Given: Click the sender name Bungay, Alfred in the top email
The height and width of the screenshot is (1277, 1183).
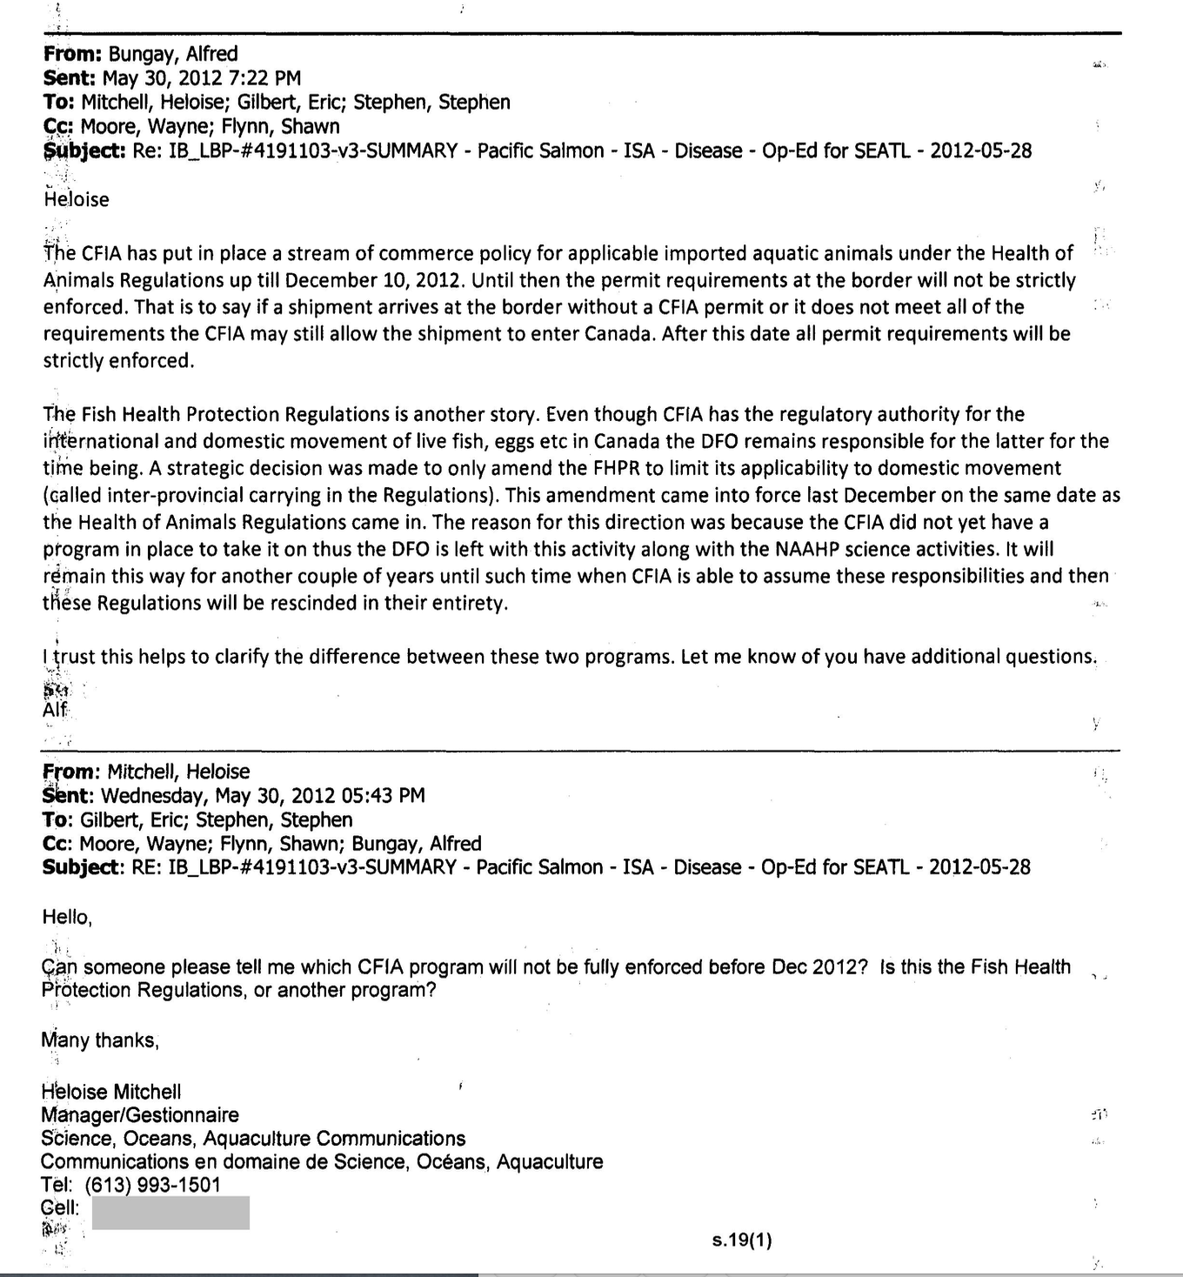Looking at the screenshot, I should (173, 54).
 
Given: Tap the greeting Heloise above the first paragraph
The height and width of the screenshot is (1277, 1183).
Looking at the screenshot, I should (77, 199).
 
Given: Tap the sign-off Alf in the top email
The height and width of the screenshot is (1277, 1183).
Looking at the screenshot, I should (55, 709).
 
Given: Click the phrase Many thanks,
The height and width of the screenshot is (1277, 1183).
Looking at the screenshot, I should (100, 1040).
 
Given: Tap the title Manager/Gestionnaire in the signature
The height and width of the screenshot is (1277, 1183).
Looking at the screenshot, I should (139, 1115).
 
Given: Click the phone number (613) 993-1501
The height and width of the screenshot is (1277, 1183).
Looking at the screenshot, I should (153, 1185).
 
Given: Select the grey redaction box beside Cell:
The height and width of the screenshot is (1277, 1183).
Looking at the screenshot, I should (170, 1213).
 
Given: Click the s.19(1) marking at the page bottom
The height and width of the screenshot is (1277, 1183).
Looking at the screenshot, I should (741, 1240).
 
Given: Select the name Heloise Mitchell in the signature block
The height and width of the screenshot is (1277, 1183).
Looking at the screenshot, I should (111, 1092).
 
